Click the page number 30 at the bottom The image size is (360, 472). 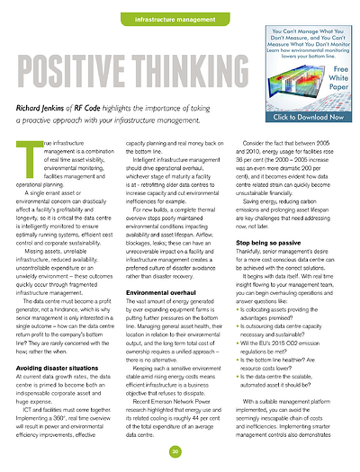tap(179, 450)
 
